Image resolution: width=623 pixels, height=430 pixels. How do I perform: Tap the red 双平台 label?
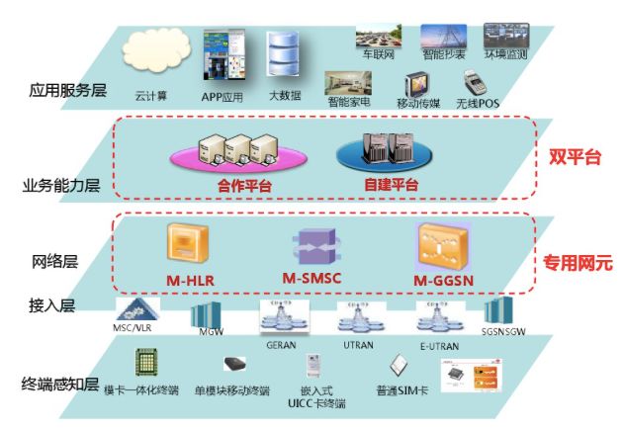[x=576, y=156]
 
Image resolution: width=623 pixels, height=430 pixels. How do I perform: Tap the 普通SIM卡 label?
[x=400, y=389]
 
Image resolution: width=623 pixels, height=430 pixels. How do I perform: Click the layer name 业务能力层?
[x=61, y=185]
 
